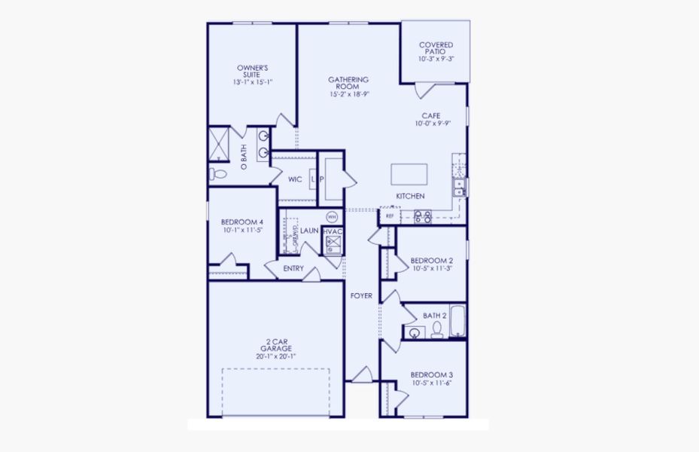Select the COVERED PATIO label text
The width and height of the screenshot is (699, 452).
coord(436,46)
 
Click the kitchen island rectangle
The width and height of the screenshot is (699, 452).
coord(409,174)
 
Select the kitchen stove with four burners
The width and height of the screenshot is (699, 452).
coord(422,217)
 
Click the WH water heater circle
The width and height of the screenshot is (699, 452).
coord(332,216)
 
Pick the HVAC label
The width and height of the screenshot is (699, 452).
coord(333,231)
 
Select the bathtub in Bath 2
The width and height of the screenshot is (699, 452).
coord(457,322)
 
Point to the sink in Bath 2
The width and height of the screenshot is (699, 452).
coord(413,332)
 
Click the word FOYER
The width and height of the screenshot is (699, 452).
coord(362,296)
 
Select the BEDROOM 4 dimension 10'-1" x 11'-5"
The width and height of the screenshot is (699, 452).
coord(242,231)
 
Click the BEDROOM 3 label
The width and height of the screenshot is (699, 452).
coord(431,374)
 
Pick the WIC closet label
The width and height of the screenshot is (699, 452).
coord(295,179)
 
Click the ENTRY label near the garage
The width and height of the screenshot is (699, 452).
coord(293,268)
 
